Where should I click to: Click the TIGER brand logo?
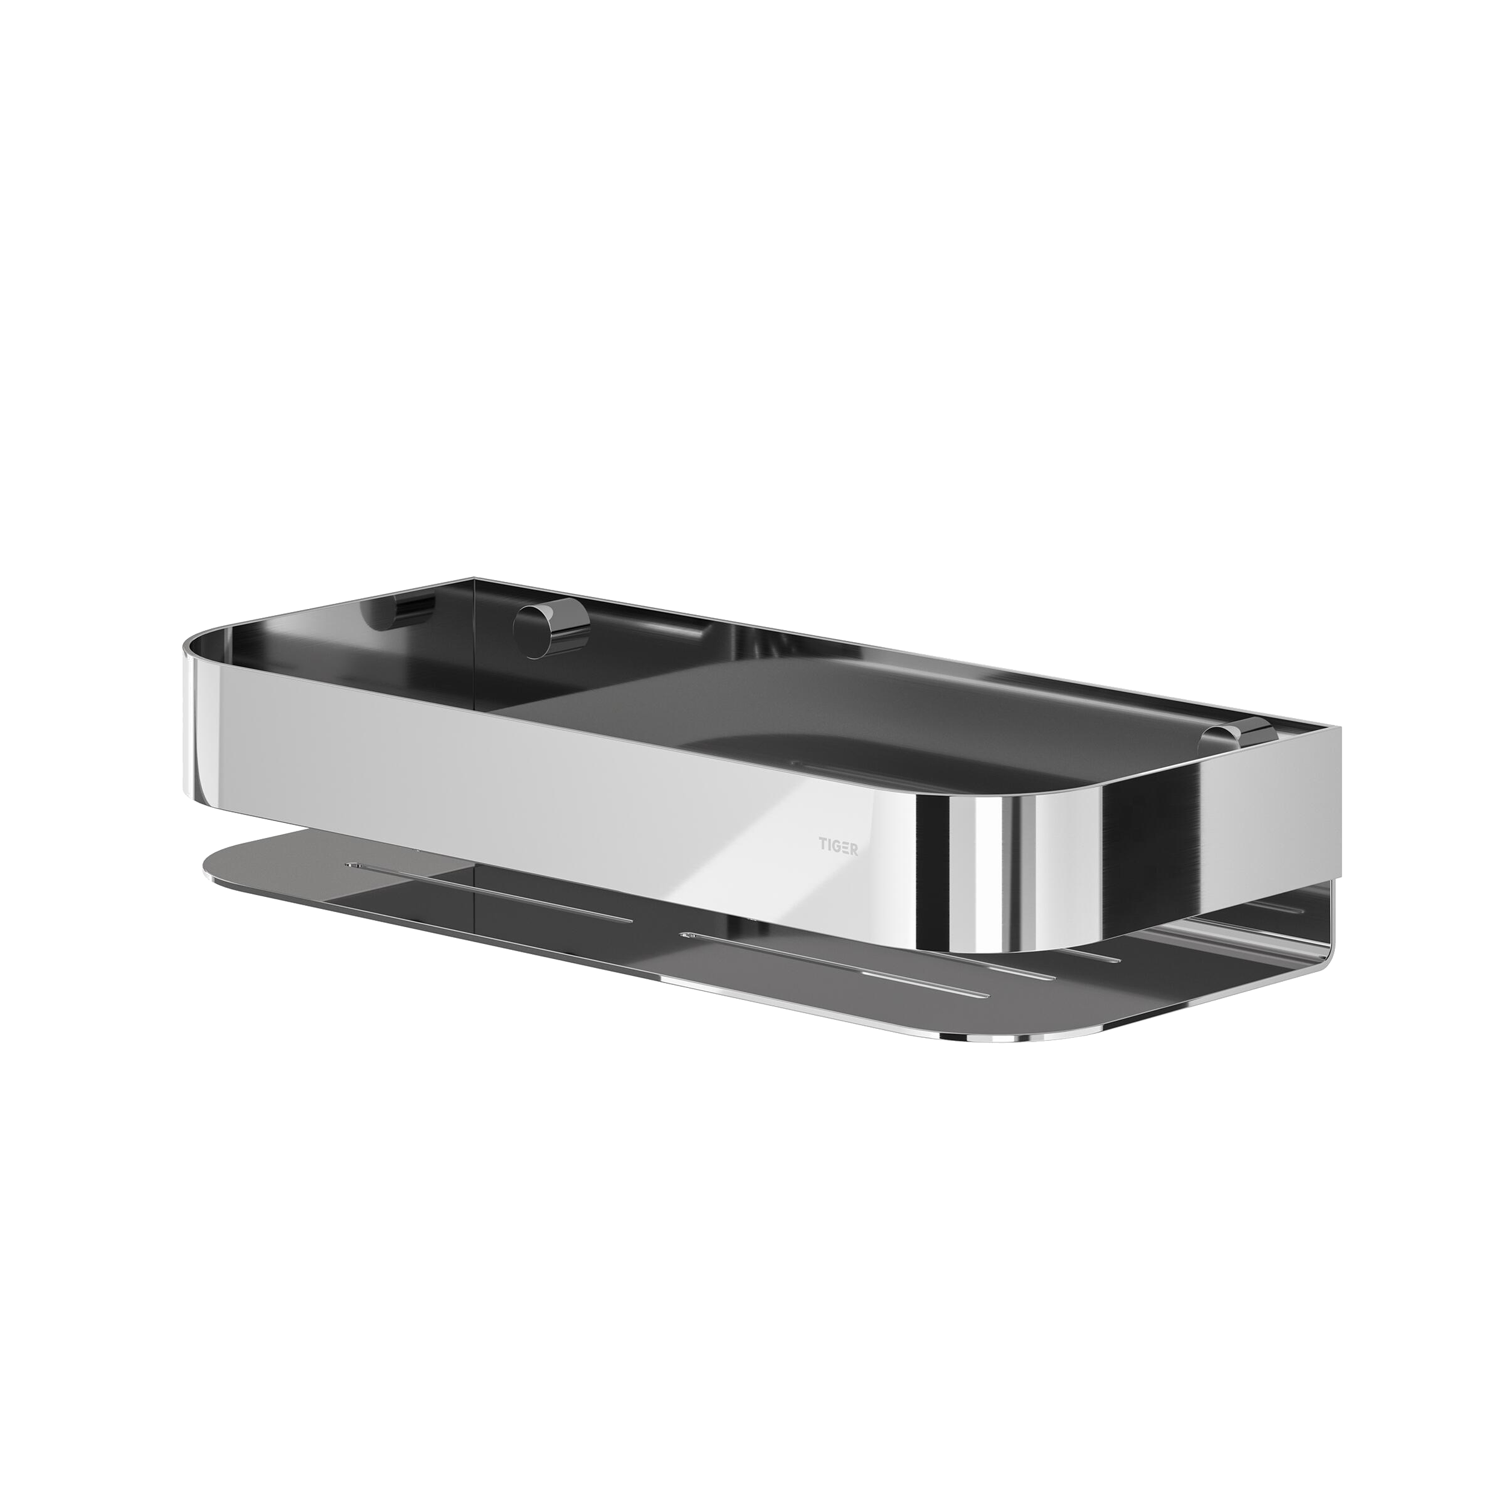click(x=838, y=845)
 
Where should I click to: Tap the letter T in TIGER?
click(x=821, y=845)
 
